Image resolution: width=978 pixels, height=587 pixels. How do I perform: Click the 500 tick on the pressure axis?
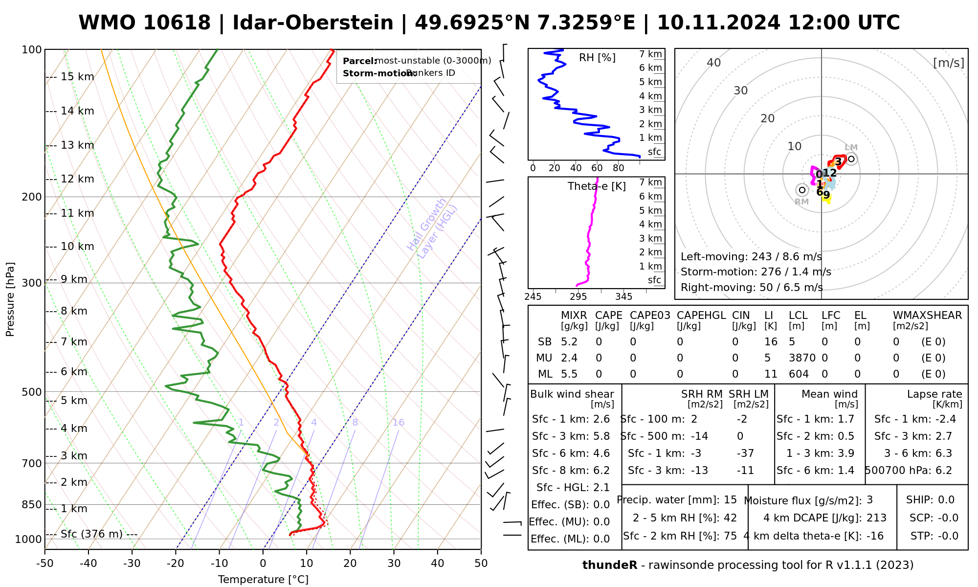click(32, 392)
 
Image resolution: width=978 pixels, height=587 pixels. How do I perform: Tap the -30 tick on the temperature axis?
click(132, 564)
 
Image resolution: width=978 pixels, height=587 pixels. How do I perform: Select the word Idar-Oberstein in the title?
click(313, 23)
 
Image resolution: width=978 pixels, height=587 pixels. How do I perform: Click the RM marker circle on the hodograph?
click(802, 190)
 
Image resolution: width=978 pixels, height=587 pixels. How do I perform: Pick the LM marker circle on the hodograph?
click(851, 158)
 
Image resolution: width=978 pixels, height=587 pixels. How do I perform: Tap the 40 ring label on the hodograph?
click(714, 63)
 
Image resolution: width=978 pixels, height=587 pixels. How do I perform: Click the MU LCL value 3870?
click(802, 358)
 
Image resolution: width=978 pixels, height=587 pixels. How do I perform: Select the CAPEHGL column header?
click(701, 316)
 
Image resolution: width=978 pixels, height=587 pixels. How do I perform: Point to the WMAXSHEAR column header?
click(927, 316)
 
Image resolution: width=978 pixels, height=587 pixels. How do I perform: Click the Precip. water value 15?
click(730, 500)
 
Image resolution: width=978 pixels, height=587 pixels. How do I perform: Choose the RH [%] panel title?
click(597, 58)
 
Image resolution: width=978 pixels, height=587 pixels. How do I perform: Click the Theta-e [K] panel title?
click(597, 186)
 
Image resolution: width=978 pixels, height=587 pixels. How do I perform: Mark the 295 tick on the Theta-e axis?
click(578, 297)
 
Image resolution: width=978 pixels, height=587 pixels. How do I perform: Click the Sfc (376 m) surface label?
click(91, 534)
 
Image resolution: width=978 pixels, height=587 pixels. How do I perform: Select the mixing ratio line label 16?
click(399, 423)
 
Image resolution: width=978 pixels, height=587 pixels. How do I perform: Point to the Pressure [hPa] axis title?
click(10, 299)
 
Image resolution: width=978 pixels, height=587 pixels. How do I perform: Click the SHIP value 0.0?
click(946, 500)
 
